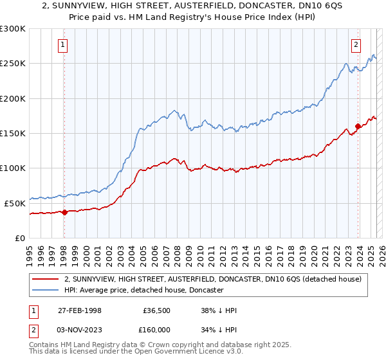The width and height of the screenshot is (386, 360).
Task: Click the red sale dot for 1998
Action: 64,212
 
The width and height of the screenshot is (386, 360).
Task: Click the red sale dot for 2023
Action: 358,126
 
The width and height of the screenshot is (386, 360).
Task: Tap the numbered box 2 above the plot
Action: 356,45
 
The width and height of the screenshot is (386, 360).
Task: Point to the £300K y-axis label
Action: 13,29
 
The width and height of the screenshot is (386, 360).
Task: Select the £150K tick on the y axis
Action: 13,133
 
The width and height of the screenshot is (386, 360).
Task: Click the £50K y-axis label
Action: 15,203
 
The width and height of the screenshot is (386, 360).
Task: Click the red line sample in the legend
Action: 46,279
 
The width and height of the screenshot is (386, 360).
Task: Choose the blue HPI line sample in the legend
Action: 46,290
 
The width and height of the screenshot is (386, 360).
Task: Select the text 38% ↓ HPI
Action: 219,310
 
